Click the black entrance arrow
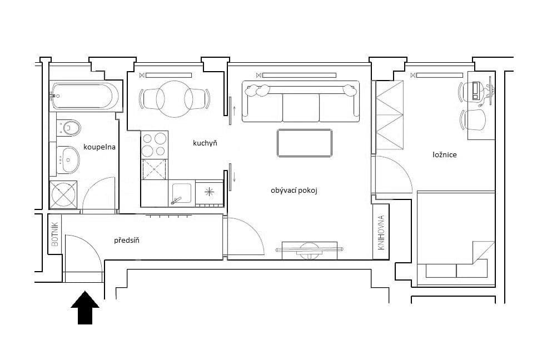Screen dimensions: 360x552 pos(85,307)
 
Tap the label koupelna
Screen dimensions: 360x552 pos(100,147)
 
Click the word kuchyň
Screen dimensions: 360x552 pos(205,143)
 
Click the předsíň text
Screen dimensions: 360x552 pos(127,241)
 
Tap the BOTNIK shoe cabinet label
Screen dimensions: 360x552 pos(54,234)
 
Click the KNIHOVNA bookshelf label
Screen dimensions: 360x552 pos(381,232)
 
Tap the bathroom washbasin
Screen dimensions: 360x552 pos(69,160)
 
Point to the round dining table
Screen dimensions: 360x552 pos(175,99)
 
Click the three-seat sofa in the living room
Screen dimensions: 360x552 pos(300,103)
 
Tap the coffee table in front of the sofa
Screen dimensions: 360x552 pos(304,143)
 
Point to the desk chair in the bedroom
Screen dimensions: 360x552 pos(474,119)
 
